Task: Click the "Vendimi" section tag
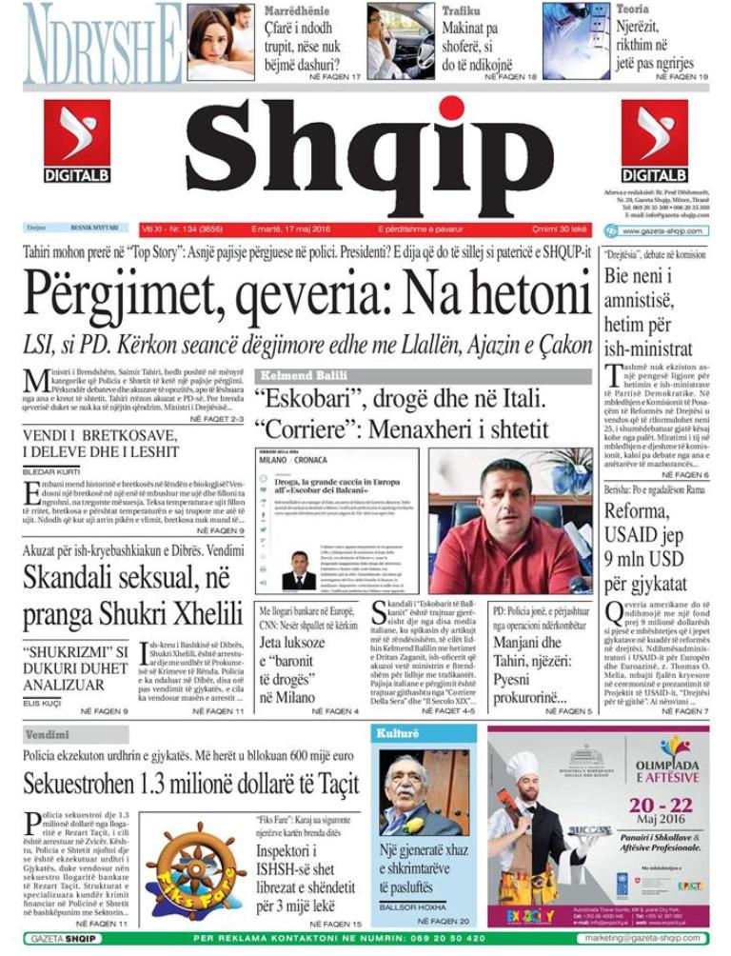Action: tap(47, 734)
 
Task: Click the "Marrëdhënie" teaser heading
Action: tap(297, 10)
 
